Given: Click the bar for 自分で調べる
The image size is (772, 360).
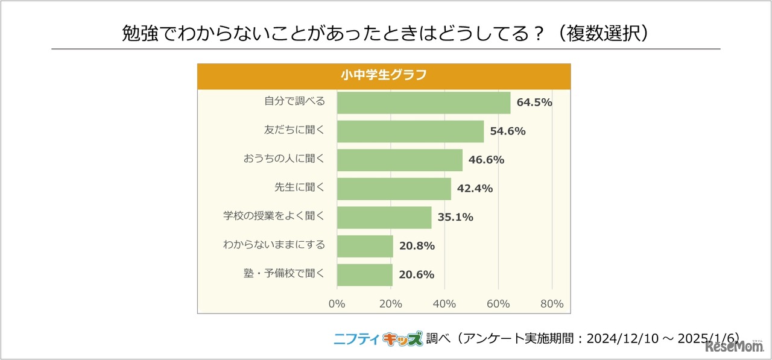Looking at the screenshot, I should pos(423,103).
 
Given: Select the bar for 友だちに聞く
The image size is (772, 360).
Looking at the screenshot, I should pos(410,131).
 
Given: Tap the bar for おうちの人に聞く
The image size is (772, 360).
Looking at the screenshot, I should pos(399,160).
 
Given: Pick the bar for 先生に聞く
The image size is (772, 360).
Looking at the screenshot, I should pos(394,189).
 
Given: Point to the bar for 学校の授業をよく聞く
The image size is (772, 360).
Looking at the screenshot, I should pos(384,217).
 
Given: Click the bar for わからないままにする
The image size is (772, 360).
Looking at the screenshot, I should pos(365,246).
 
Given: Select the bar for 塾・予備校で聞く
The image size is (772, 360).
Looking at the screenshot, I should pos(364,274).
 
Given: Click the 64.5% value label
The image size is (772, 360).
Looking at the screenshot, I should pos(534,103).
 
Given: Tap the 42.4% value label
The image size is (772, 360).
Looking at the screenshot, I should pos(475,189).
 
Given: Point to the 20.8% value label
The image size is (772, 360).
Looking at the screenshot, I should pos(417,246).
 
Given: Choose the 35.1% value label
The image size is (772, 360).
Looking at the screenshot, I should pos(455,217).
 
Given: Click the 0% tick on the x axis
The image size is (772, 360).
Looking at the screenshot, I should pos(337,304).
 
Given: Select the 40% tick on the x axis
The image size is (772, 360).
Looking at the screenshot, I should pos(445,304).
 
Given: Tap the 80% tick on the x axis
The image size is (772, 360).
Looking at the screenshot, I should pos(552,304).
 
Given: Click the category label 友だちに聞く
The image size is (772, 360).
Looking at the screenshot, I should pos(294,130).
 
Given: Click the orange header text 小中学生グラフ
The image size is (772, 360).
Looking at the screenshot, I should pos(384,75).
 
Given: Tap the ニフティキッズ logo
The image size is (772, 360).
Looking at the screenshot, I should pos(378,339).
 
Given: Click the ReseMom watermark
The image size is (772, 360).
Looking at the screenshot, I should pos(733,348).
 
